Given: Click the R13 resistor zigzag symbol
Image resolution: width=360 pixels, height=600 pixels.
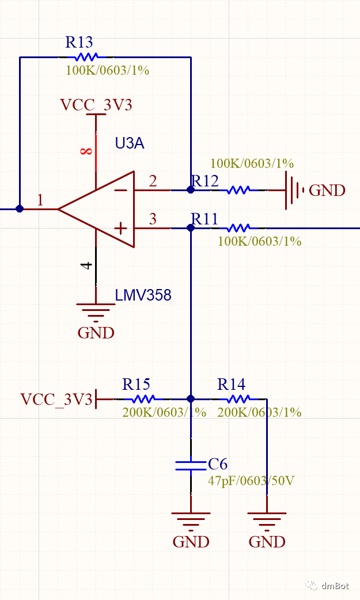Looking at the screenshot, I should coord(84,57).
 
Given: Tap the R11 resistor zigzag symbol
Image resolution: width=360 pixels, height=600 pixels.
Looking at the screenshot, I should coord(238,228).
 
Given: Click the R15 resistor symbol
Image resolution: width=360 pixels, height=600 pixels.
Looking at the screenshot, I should coord(141,398).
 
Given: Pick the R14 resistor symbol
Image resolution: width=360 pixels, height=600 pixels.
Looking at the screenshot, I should coord(238,398).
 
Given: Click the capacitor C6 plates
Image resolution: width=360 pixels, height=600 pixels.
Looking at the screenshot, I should coord(191,465).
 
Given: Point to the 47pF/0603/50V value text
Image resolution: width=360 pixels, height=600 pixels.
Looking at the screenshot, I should coord(251,480).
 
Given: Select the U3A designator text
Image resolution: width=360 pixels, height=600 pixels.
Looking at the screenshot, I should coord(130,143).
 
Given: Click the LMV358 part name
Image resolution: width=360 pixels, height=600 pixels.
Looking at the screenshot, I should coord(143,295).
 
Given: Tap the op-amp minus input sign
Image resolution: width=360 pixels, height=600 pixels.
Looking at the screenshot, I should coord(120,190).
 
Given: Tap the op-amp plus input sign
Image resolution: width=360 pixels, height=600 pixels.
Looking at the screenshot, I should coord(120,228).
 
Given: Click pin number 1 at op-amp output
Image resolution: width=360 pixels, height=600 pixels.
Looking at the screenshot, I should coord(40,200).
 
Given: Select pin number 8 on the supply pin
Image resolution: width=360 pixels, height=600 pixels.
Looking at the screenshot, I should coord(86,151).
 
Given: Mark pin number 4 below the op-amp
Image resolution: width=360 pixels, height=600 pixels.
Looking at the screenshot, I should coord(86,265).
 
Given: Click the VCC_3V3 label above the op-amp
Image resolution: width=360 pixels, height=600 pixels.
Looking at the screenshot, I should coord(96,105).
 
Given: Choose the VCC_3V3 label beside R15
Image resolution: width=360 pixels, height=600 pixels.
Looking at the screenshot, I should coord(56,399).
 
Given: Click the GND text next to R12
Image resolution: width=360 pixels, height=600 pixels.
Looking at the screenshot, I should coord(327,191).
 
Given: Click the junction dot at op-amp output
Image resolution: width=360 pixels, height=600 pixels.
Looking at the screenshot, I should coord(20,209).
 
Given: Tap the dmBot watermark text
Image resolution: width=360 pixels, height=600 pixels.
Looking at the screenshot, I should coord(335,586).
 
